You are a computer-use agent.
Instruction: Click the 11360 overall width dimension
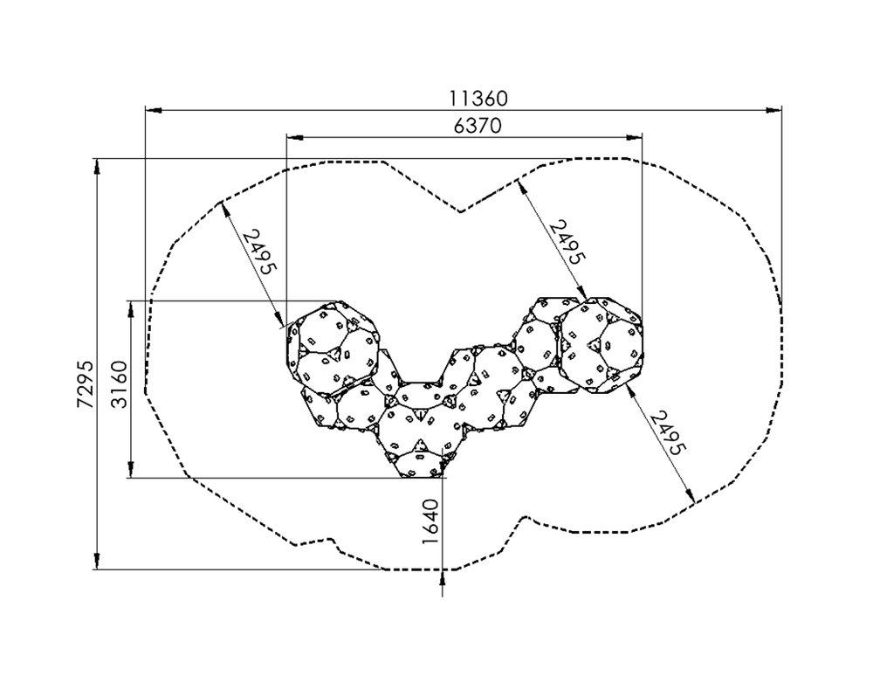(x=478, y=99)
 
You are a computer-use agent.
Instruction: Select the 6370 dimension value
(x=478, y=126)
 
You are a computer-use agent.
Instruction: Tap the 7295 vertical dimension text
(x=86, y=384)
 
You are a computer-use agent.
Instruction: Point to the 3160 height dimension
(x=120, y=384)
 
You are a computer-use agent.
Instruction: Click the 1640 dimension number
(x=430, y=522)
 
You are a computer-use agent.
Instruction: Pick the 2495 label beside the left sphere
(x=259, y=252)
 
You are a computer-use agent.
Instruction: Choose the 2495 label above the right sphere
(x=567, y=243)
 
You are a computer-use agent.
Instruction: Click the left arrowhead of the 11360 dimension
(x=153, y=110)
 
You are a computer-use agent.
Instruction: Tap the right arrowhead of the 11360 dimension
(x=773, y=110)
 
